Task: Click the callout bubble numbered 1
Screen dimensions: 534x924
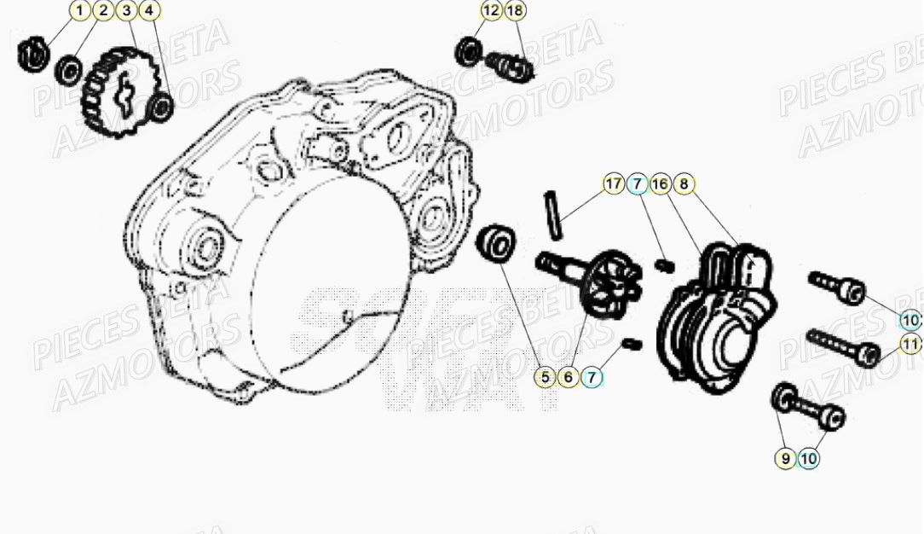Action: click(79, 11)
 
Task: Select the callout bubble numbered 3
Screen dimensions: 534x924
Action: click(125, 11)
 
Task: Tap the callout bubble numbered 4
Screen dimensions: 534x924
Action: click(148, 11)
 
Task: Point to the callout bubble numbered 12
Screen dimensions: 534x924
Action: click(491, 11)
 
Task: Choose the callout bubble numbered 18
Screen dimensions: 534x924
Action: click(515, 11)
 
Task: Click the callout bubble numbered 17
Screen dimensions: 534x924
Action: click(614, 183)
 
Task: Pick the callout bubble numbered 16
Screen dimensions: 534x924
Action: click(660, 183)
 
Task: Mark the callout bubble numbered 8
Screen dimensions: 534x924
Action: click(683, 183)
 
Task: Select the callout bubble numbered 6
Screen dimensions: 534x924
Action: click(569, 375)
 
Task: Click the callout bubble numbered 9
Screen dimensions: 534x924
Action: click(786, 458)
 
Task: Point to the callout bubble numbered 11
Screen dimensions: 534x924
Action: click(911, 345)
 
